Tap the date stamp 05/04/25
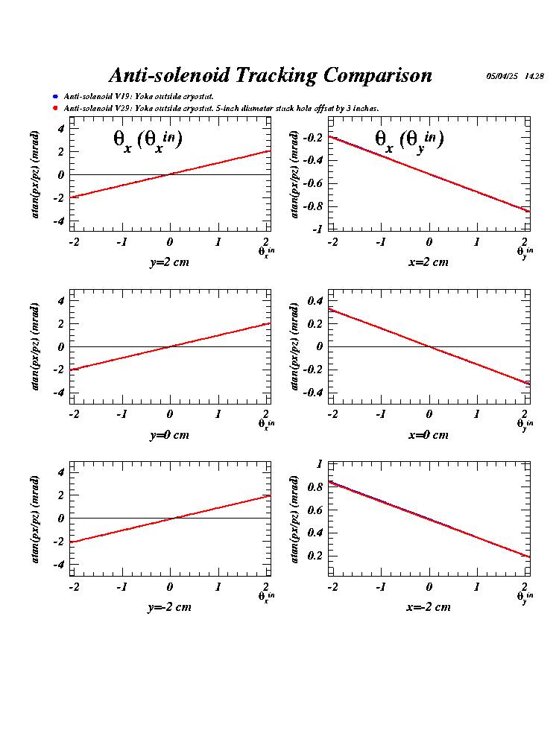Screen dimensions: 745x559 502,76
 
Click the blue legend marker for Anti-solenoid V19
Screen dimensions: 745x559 55,97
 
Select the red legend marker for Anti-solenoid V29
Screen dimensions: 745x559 55,109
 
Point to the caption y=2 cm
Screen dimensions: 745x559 168,261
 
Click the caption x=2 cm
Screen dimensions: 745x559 428,261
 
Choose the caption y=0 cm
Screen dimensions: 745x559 168,434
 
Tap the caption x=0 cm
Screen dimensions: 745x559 428,434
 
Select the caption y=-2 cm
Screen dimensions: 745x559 168,606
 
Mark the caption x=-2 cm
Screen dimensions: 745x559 428,606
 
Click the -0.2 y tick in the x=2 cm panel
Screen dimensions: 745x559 312,138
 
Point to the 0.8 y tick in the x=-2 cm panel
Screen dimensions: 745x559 315,486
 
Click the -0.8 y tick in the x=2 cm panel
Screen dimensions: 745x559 312,206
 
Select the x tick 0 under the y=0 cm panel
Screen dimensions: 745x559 169,414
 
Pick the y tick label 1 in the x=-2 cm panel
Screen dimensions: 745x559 320,463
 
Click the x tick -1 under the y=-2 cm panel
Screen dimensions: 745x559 121,586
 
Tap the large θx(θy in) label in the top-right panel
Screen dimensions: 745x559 409,139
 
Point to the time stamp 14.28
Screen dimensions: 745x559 534,76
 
